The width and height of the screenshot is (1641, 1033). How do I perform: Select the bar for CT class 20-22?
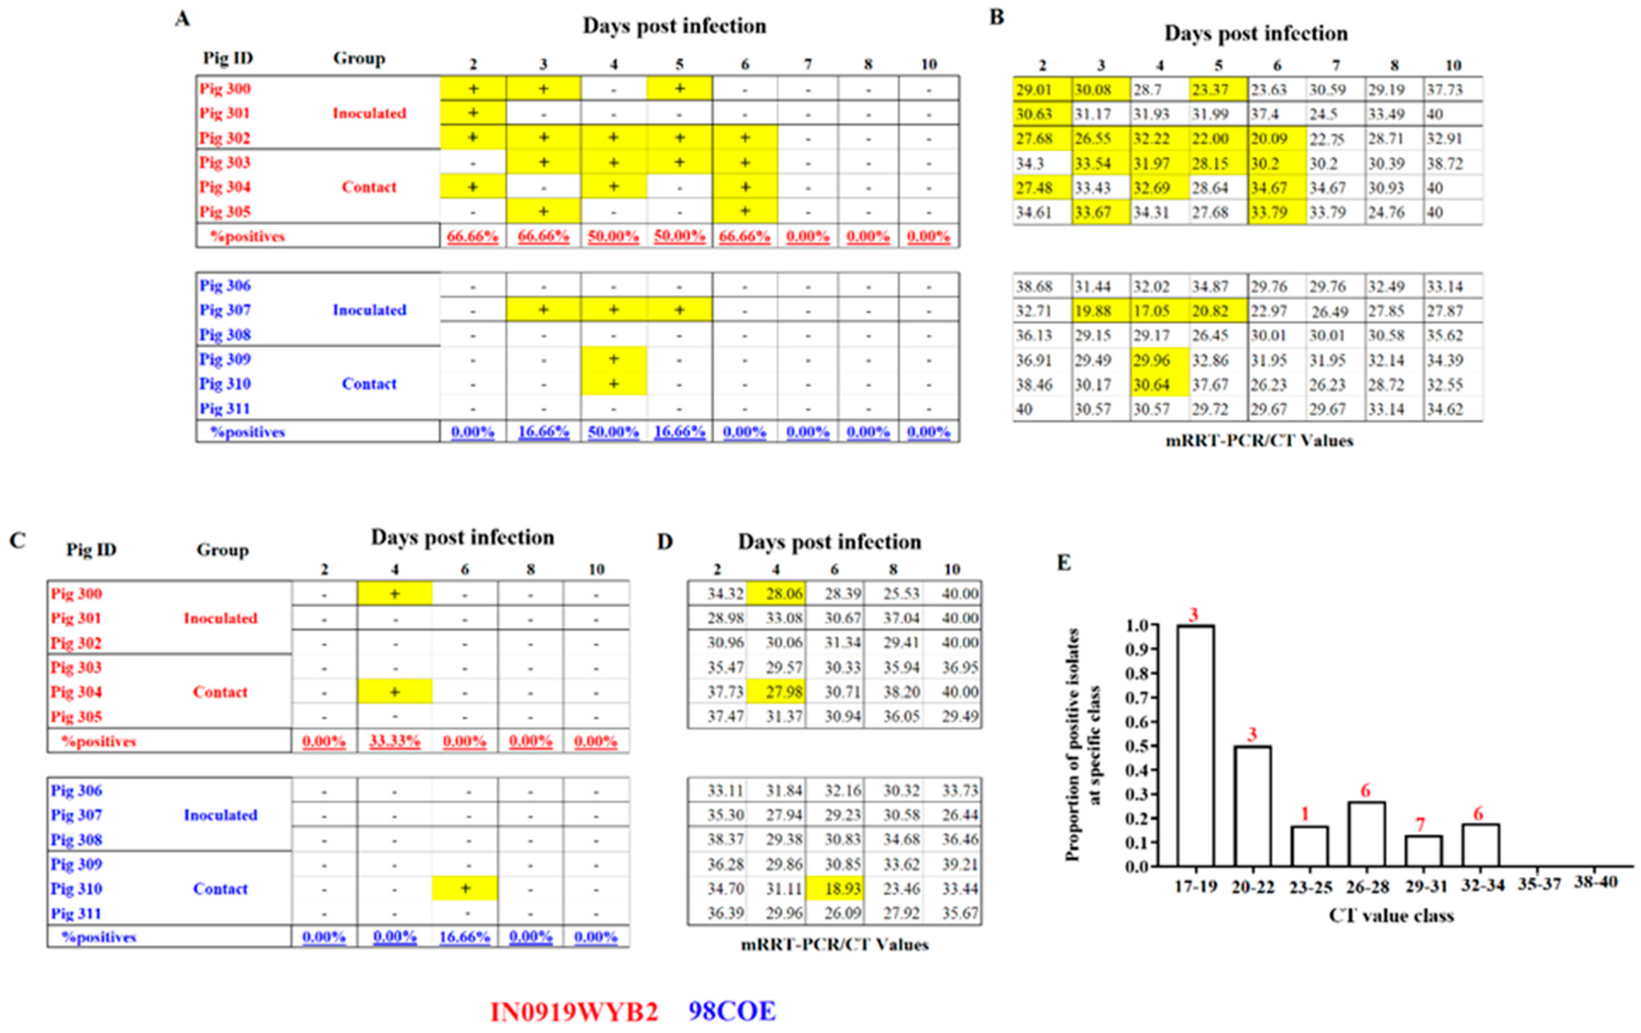pyautogui.click(x=1252, y=806)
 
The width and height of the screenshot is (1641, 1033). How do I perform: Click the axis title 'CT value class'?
pyautogui.click(x=1391, y=915)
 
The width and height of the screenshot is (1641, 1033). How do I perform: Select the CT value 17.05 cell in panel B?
pyautogui.click(x=1152, y=311)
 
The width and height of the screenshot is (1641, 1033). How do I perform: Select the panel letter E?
pyautogui.click(x=1064, y=562)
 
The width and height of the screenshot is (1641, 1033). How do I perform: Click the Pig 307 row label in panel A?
pyautogui.click(x=225, y=310)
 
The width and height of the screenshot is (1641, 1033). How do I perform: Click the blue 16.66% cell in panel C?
pyautogui.click(x=464, y=937)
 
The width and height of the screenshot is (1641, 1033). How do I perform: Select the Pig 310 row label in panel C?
pyautogui.click(x=76, y=889)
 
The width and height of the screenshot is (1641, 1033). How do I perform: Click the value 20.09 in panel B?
pyautogui.click(x=1269, y=139)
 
